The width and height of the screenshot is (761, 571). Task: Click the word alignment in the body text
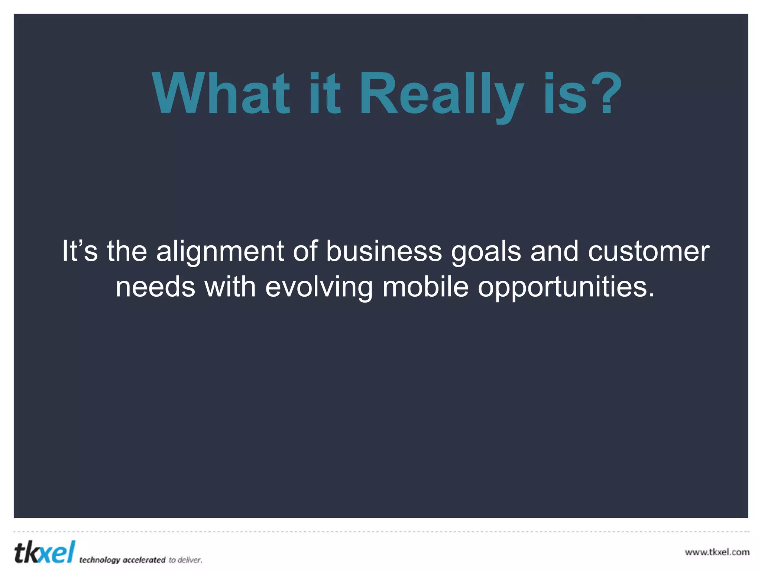(220, 252)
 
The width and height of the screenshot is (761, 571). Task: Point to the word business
(384, 251)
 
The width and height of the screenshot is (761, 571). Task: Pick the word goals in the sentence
(487, 252)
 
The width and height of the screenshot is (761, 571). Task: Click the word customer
(649, 251)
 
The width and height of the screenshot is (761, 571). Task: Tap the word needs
(155, 287)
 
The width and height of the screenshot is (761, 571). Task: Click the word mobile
(425, 287)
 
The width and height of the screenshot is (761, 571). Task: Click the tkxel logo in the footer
(45, 552)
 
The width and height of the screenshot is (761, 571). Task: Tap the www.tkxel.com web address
(717, 552)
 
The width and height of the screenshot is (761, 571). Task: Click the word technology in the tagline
(100, 560)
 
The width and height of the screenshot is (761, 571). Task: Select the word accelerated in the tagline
(144, 560)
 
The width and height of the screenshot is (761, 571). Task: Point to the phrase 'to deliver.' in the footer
(185, 560)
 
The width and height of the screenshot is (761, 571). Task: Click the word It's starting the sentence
(80, 251)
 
